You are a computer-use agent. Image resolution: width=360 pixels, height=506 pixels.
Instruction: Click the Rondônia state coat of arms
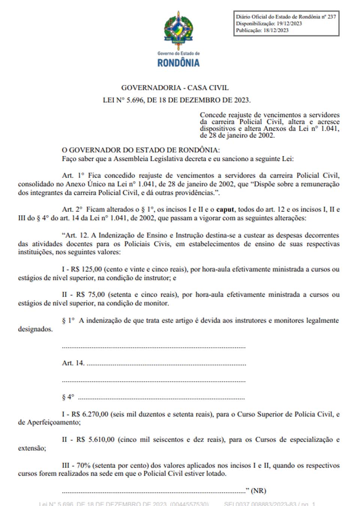coord(178,28)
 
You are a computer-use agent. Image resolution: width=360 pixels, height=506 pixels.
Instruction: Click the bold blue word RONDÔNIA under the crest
coord(178,63)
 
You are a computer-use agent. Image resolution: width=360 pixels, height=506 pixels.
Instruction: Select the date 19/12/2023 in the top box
coord(289,24)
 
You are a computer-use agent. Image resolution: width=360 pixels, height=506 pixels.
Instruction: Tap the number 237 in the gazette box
coord(331,17)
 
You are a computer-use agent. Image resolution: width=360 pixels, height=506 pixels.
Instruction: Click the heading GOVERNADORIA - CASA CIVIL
coord(175,88)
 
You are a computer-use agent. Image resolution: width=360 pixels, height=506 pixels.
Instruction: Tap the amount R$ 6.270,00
coord(90,414)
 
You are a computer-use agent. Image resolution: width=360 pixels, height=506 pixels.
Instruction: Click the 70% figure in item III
coord(84,466)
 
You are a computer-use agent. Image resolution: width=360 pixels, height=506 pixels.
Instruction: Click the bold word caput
coord(225,210)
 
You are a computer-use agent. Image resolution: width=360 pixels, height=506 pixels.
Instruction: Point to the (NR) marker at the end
coord(258,491)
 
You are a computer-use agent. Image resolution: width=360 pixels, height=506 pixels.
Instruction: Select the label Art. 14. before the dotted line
coord(73,363)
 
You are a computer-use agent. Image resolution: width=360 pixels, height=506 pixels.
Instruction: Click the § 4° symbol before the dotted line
coord(68,397)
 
